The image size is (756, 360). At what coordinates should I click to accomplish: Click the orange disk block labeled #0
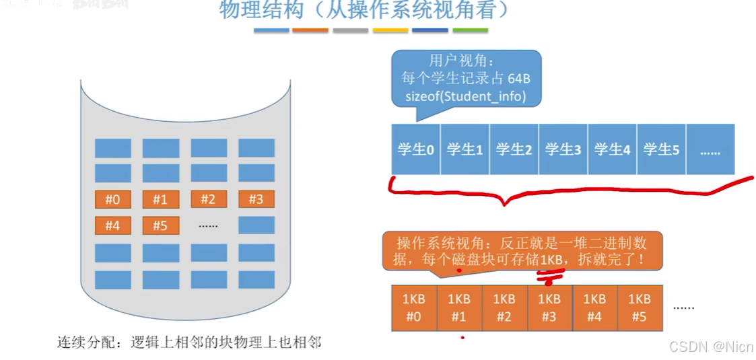pos(113,199)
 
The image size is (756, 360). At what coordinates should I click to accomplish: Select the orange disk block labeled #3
pos(256,199)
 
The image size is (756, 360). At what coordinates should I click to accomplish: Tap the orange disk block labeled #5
pos(160,225)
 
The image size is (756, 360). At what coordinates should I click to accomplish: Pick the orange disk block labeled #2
pos(209,199)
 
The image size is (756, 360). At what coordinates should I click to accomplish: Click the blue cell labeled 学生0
pos(415,149)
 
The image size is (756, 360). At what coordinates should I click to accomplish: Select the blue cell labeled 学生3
pos(563,149)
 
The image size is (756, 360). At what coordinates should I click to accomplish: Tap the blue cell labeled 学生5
pos(661,149)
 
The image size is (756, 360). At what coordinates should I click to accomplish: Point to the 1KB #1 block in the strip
pos(459,308)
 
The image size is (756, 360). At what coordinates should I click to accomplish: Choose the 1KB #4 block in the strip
pos(594,308)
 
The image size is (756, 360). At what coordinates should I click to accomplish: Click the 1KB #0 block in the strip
pos(414,308)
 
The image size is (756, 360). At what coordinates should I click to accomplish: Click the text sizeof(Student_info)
pos(465,96)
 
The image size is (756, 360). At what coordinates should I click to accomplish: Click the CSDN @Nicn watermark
pos(710,347)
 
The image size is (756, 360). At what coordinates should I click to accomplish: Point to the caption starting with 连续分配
pos(189,343)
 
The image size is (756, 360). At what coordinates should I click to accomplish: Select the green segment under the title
pos(470,30)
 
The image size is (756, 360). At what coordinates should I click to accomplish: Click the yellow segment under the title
pos(390,30)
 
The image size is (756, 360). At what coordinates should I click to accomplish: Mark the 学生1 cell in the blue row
pos(465,149)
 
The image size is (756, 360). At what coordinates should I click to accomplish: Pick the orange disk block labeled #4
pos(113,225)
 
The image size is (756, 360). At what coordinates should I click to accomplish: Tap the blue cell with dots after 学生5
pos(710,149)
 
